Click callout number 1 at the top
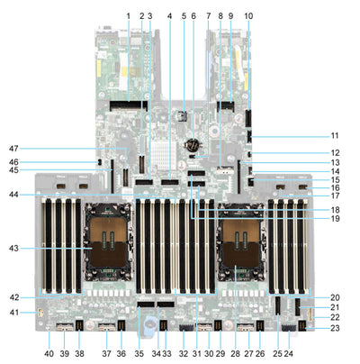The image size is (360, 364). click(129, 15)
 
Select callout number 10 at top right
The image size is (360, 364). click(249, 15)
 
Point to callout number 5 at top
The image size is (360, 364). click(183, 15)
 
